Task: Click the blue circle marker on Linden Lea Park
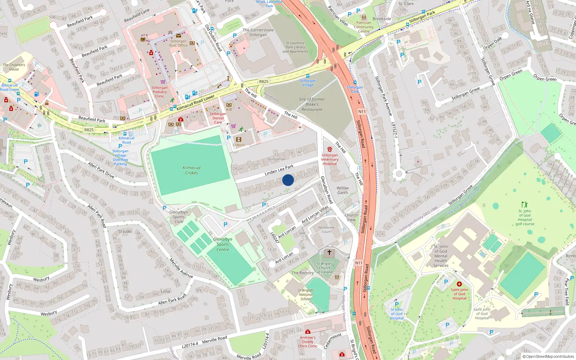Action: click(288, 180)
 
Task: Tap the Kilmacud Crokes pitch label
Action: click(192, 170)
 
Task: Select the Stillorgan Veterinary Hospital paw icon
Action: click(329, 149)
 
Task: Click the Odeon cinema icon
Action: click(239, 139)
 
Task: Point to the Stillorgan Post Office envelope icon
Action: click(179, 35)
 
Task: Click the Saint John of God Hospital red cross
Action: click(459, 284)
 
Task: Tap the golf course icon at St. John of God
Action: click(525, 204)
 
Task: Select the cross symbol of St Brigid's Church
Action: click(329, 252)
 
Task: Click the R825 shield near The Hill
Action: click(264, 81)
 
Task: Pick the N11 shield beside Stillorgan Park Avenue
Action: click(362, 112)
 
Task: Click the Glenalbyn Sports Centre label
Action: click(222, 244)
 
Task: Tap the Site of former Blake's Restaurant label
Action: click(312, 104)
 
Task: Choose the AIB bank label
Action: click(229, 109)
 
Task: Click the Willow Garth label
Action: click(342, 190)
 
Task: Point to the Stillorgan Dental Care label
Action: click(218, 118)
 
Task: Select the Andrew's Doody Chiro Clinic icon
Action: click(307, 332)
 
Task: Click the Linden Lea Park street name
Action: click(279, 170)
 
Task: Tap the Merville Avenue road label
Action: click(181, 268)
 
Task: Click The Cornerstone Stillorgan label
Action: click(258, 32)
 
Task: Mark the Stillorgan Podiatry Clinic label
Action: click(159, 92)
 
